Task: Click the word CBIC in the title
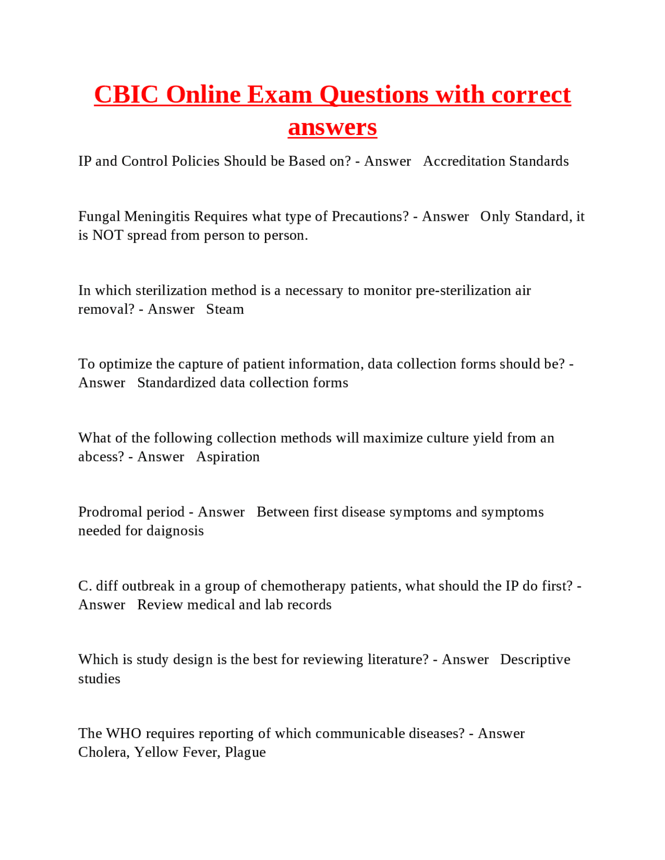(x=126, y=95)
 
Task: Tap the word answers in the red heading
(x=332, y=127)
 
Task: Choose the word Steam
(x=225, y=310)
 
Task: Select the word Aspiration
(x=228, y=457)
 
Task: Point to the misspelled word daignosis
(x=175, y=531)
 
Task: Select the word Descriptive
(x=535, y=660)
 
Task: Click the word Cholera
(x=103, y=752)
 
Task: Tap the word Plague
(x=245, y=752)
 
